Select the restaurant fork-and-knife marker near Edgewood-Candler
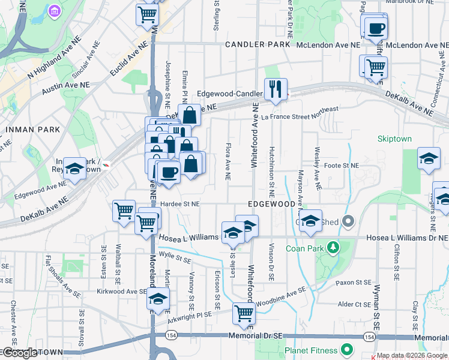coord(276,90)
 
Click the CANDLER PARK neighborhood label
coord(258,45)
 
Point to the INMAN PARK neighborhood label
coord(32,129)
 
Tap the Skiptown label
coord(394,139)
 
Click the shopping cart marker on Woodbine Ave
coord(244,313)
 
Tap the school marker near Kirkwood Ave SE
coord(158,299)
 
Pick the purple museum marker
coord(55,11)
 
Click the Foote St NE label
coord(341,165)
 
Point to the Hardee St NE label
coord(179,204)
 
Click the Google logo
coord(20,353)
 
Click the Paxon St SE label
coord(354,282)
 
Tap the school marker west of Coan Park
coord(310,221)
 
